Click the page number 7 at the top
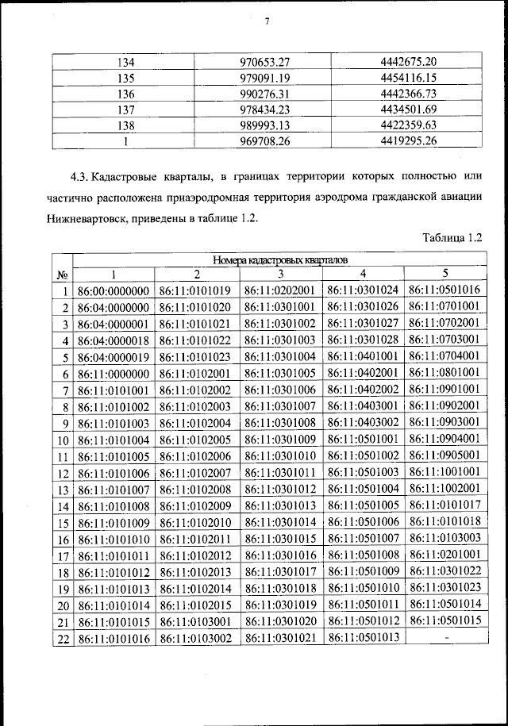267,21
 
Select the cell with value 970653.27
267,62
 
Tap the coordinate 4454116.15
409,78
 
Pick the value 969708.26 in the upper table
267,141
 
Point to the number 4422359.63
409,125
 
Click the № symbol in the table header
61,275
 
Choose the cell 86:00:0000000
114,290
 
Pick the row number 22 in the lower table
61,638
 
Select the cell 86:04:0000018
114,340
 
